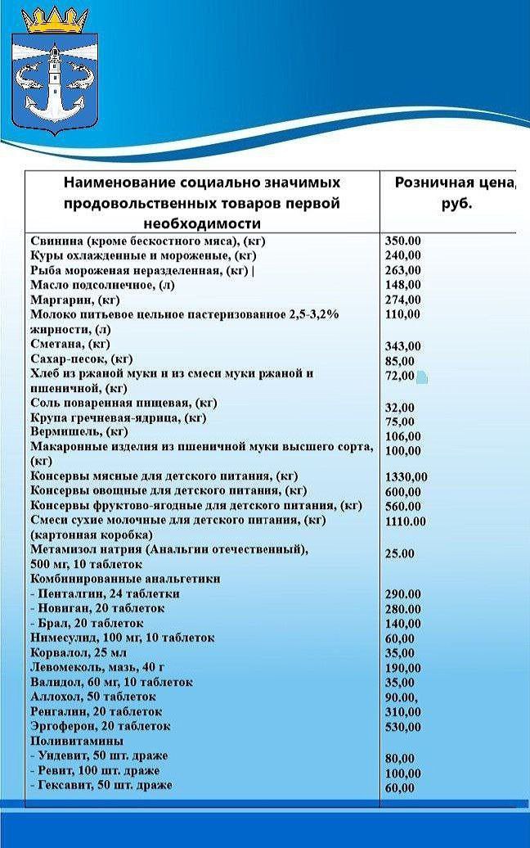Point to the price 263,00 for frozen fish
click(402, 270)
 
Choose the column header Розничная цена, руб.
click(454, 193)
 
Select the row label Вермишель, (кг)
click(79, 431)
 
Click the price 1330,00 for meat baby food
click(406, 477)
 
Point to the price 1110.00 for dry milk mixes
click(406, 521)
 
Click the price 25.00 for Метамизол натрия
click(399, 554)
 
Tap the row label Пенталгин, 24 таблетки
click(104, 593)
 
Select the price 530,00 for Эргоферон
click(402, 727)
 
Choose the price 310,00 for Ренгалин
click(402, 712)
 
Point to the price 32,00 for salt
click(400, 408)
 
